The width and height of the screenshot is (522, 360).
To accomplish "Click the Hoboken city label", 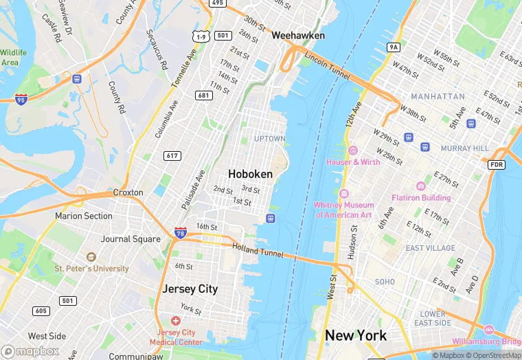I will coord(250,175).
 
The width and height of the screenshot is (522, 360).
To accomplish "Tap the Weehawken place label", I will coord(298,35).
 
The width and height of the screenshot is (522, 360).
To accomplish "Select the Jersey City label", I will coord(190,289).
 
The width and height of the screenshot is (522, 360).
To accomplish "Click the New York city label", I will coord(356,335).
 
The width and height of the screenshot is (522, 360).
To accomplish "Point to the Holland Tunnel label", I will coord(258,251).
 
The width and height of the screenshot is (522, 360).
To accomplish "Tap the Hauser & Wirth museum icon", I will coord(353,150).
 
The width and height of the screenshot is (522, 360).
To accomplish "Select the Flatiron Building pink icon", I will coord(420,186).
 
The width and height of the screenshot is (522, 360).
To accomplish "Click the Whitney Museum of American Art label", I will coord(343,210).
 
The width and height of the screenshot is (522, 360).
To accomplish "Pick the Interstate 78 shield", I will coord(181,234).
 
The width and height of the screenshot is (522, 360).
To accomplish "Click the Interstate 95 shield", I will coord(21,100).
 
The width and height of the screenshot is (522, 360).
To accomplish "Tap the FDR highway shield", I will coord(497,165).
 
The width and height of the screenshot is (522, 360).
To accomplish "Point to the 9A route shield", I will coord(393,47).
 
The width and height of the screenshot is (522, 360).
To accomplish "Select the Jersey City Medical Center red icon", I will coord(176,321).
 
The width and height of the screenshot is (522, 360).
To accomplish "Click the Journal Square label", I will coord(125,239).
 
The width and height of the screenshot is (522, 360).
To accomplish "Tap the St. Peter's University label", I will coord(91,269).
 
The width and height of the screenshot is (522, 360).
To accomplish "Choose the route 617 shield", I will coord(172,156).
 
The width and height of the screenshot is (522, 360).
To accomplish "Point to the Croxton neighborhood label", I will coord(128,192).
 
